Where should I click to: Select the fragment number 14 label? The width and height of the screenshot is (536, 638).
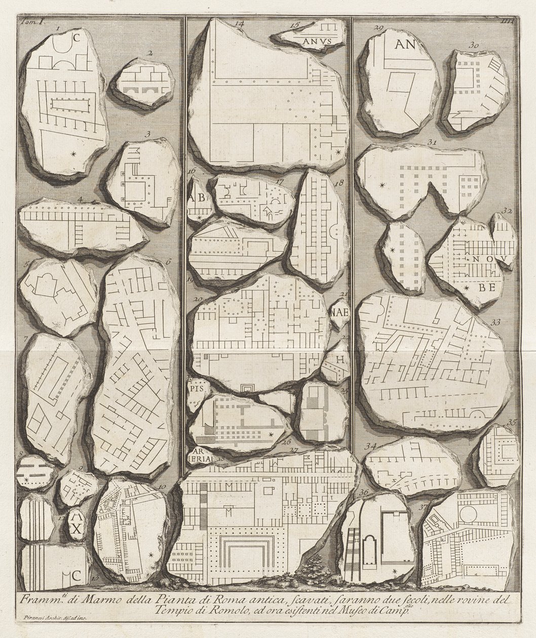pyautogui.click(x=239, y=24)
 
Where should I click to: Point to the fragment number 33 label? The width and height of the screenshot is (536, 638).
pyautogui.click(x=495, y=322)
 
